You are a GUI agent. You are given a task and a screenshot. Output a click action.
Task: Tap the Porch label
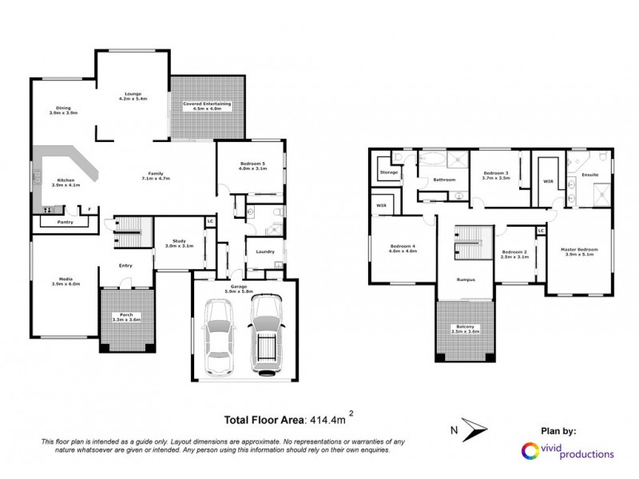[124, 316]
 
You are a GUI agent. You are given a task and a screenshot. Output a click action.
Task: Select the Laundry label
[266, 251]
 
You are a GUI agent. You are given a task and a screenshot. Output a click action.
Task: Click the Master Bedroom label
[581, 251]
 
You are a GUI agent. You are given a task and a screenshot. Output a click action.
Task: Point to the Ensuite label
[590, 173]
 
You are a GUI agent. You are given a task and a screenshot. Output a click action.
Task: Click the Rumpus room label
[466, 280]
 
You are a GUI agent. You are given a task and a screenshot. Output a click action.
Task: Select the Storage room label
[389, 172]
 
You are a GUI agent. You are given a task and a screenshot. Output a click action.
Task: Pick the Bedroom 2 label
[514, 255]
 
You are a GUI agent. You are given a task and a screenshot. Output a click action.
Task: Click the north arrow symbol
[478, 430]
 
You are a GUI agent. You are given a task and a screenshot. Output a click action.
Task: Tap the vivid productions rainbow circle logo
[529, 452]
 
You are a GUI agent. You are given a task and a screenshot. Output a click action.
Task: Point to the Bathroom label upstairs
[444, 180]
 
